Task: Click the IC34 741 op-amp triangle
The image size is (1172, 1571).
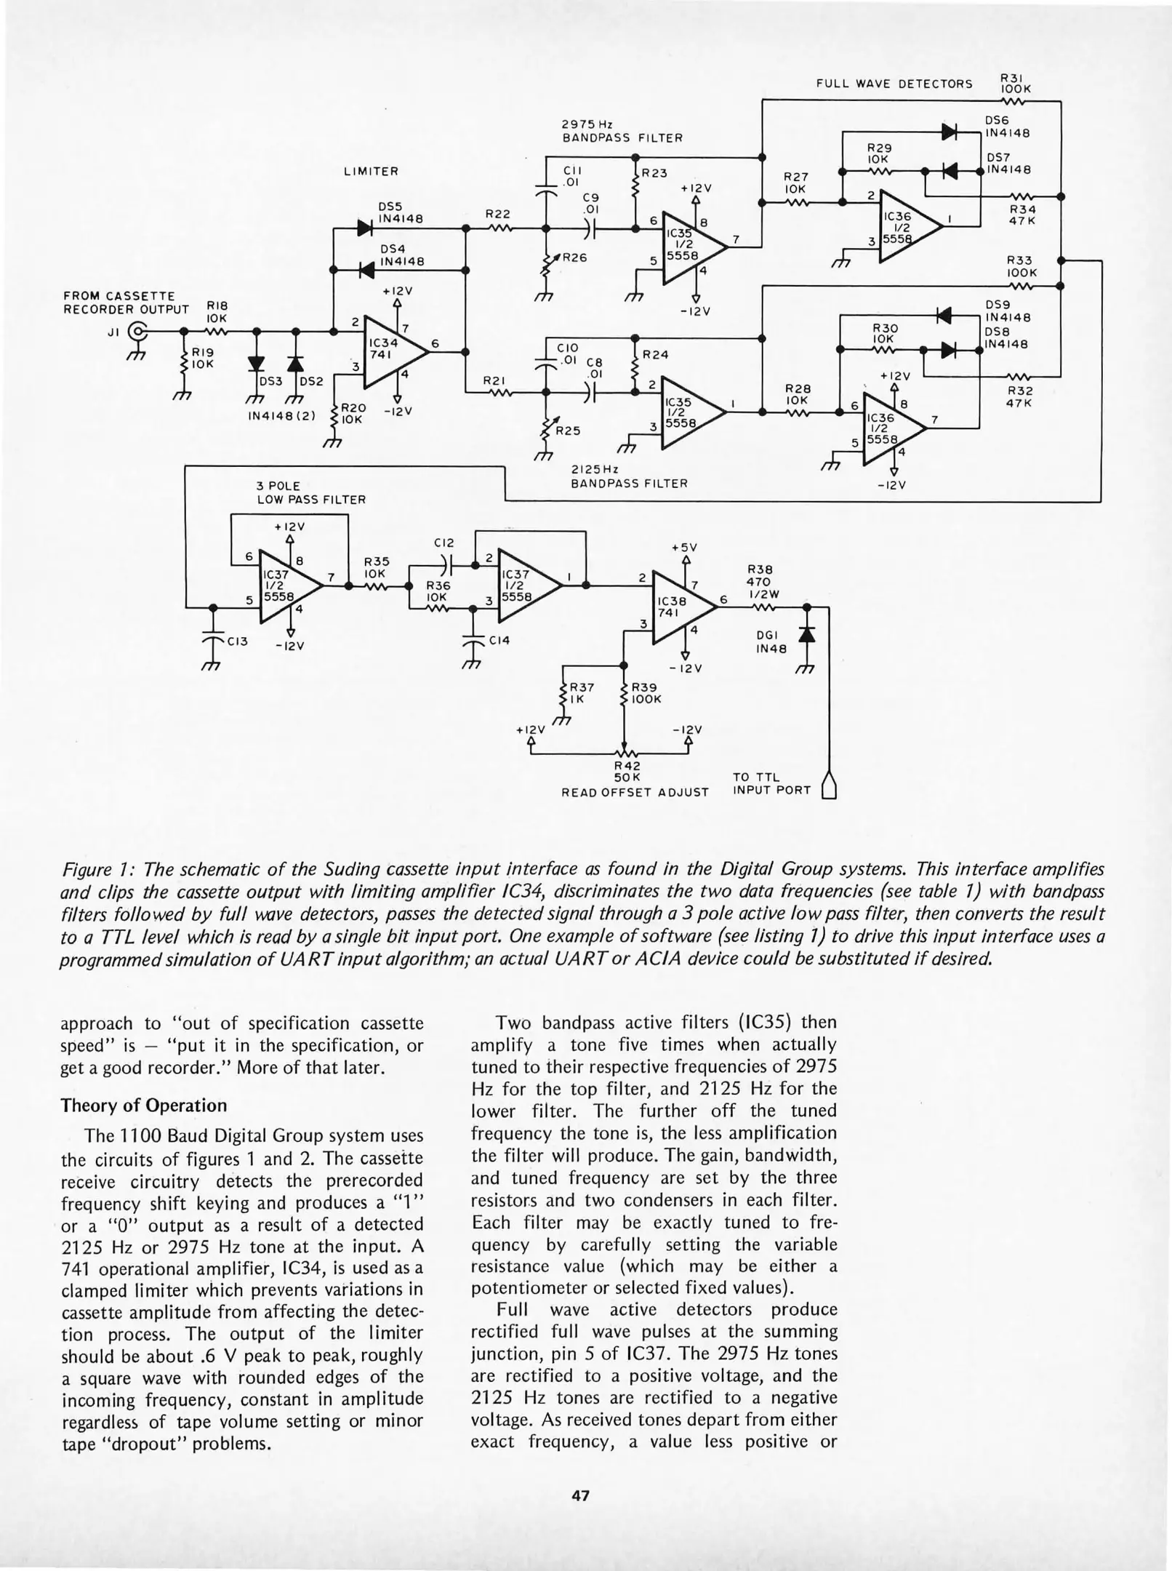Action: click(x=390, y=351)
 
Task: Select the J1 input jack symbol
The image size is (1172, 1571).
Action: click(x=136, y=333)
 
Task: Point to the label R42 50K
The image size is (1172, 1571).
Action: click(x=626, y=771)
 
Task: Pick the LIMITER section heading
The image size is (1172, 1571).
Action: click(x=371, y=172)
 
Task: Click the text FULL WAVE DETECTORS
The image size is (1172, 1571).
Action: click(x=894, y=84)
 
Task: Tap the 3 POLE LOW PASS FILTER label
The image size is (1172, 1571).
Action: click(x=310, y=492)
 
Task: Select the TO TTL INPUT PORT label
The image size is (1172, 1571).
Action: click(x=771, y=784)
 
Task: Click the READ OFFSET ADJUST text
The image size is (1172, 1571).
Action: click(x=635, y=792)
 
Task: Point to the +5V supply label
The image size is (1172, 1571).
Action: click(x=683, y=547)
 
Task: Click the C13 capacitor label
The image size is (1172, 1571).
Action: click(x=238, y=641)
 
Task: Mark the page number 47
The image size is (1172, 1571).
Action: click(x=580, y=1496)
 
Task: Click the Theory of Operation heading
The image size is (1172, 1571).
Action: click(x=144, y=1106)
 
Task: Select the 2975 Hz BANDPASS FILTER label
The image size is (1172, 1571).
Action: click(x=622, y=130)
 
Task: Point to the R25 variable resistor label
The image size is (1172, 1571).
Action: click(x=568, y=431)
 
